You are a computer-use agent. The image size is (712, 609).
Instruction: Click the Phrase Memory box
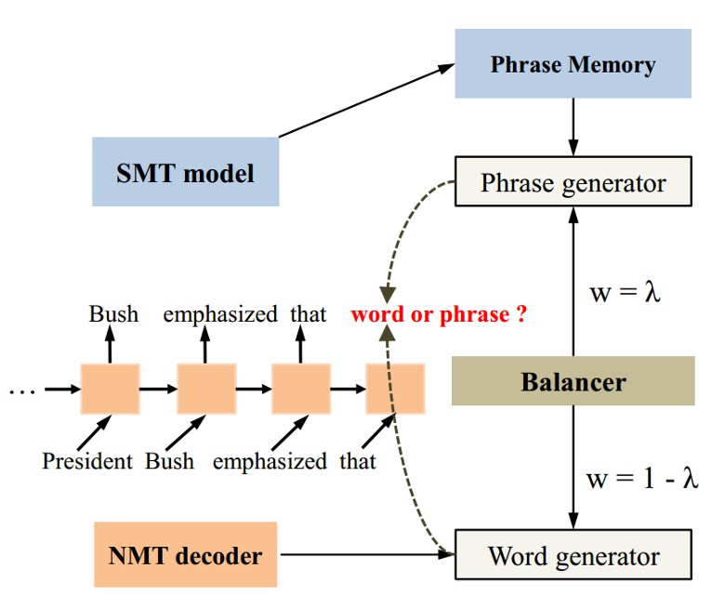point(573,64)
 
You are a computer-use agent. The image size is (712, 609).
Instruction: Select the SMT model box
point(185,172)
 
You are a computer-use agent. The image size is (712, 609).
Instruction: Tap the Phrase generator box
point(573,182)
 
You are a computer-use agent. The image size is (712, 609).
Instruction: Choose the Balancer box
point(573,381)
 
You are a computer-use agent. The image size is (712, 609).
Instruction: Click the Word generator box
point(573,556)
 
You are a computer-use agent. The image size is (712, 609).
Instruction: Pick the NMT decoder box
point(186,556)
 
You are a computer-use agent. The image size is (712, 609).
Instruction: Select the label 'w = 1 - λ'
point(641,479)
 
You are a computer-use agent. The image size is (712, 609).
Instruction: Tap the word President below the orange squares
point(88,460)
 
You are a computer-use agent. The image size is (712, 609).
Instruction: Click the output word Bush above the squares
point(113,314)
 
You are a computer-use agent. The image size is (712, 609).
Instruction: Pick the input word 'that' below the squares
point(357,460)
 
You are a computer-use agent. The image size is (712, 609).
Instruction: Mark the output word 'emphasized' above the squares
point(220,314)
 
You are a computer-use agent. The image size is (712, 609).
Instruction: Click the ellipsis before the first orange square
point(20,390)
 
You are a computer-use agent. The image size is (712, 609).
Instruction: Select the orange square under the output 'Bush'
point(110,389)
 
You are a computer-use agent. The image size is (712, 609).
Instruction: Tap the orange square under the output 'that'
point(300,389)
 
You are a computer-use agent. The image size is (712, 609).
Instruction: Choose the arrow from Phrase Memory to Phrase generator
point(573,126)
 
